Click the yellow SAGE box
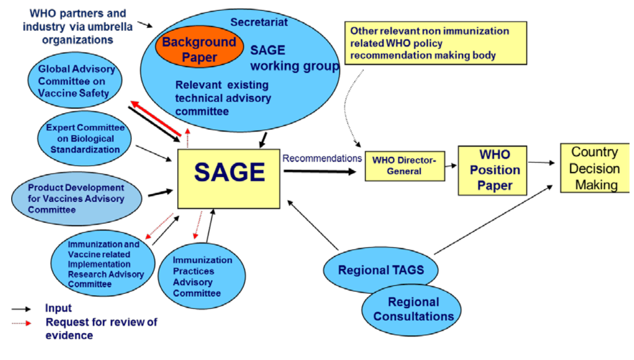(229, 179)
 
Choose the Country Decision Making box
(595, 168)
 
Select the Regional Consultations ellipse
(413, 309)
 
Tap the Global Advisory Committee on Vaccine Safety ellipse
(77, 81)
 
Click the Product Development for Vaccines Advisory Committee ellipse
(76, 199)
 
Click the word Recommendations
(321, 158)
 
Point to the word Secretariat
(259, 22)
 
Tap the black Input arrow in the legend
(22, 308)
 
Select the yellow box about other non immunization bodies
(435, 43)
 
